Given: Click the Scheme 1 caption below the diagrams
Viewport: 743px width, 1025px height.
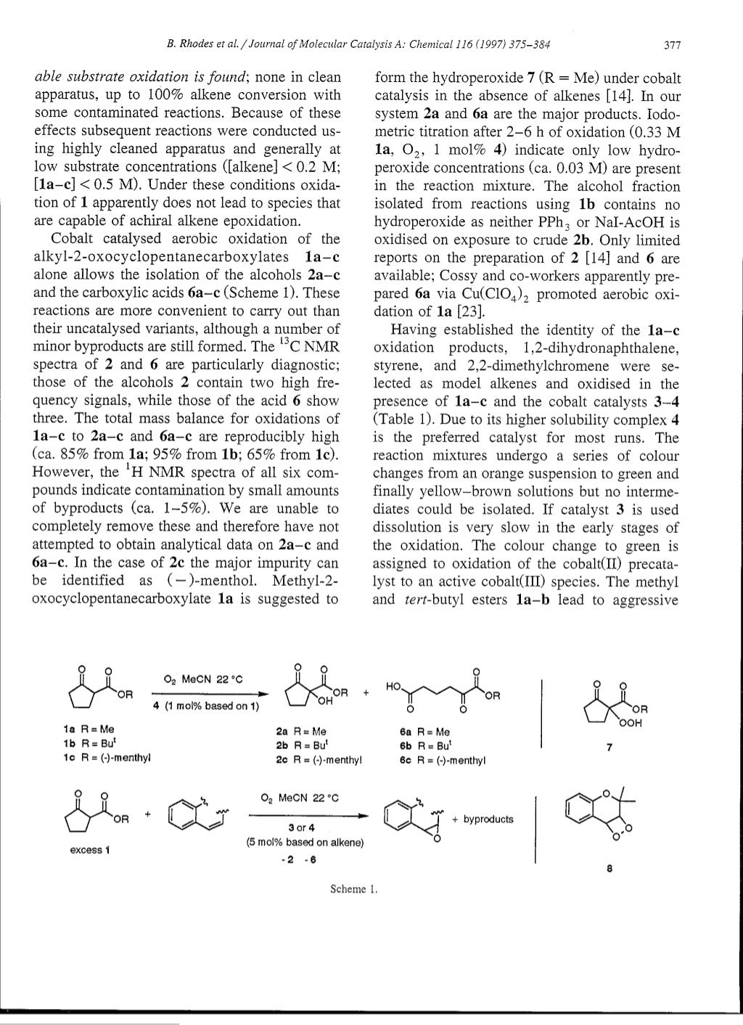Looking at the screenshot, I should [356, 889].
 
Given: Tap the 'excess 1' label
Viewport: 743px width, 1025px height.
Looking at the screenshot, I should [86, 850].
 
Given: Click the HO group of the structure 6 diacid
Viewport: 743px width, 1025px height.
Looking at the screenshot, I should [394, 685].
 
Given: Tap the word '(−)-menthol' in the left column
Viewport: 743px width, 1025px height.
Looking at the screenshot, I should [223, 581].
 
